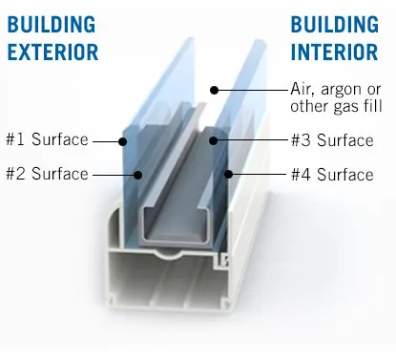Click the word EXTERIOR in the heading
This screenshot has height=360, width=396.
[x=52, y=51]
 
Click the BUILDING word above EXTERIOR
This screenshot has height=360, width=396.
[x=51, y=22]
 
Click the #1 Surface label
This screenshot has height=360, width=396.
[x=46, y=140]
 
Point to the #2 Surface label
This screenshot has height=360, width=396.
[x=46, y=174]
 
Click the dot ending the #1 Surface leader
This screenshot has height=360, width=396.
[x=123, y=140]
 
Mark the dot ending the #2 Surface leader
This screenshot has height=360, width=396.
[x=139, y=174]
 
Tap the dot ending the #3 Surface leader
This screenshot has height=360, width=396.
[x=215, y=140]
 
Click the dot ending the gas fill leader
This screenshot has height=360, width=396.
[x=216, y=90]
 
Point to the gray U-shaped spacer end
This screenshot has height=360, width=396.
[x=177, y=229]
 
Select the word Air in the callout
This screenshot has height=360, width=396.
[x=302, y=88]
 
